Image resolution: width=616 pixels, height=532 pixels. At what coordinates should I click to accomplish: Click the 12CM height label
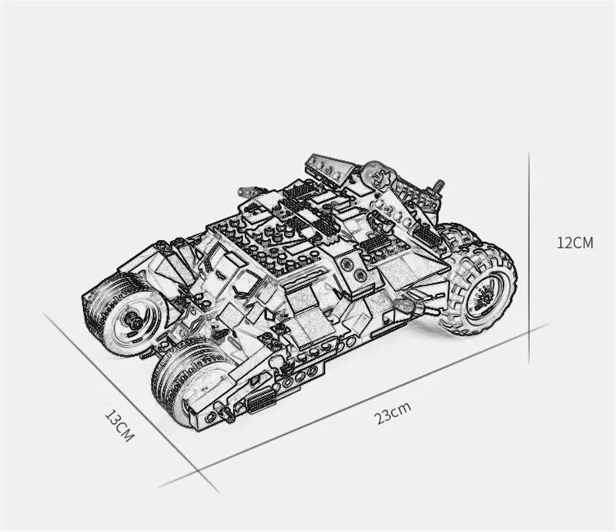[574, 243]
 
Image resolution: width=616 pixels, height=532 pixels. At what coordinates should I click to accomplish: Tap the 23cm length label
[393, 412]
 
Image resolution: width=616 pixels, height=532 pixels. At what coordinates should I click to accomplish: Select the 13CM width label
[119, 426]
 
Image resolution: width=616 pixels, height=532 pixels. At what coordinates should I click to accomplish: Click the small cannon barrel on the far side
[247, 191]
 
